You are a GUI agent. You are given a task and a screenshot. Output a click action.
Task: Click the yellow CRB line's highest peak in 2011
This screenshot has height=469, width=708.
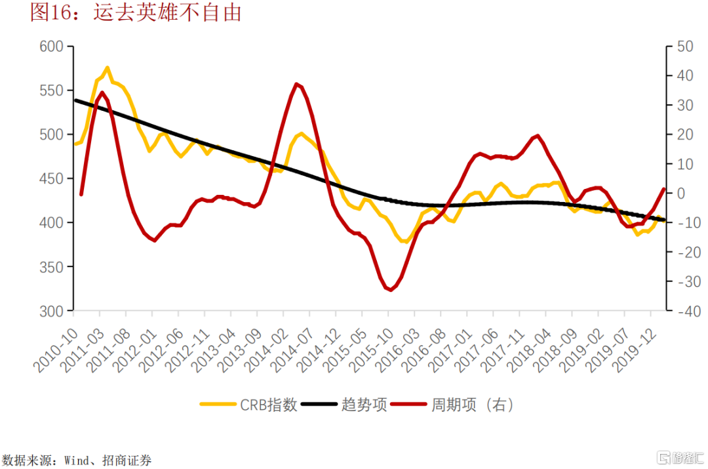(x=107, y=68)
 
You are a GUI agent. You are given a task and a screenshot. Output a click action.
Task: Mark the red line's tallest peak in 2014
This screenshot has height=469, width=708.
(x=297, y=84)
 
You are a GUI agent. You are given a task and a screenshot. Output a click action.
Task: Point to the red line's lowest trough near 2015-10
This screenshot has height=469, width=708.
(x=391, y=289)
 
